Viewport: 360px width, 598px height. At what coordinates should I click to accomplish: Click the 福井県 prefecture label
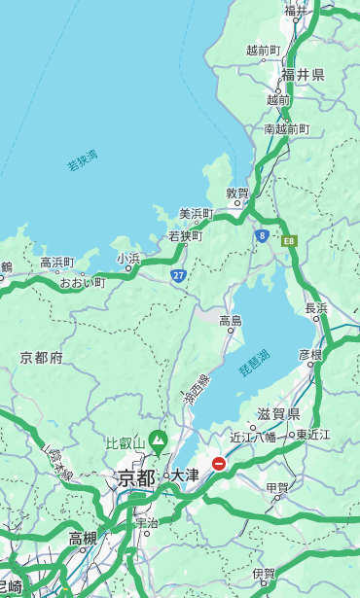click(x=303, y=75)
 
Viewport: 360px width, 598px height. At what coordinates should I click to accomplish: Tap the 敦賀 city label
click(x=237, y=193)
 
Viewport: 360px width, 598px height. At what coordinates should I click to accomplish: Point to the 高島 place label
click(x=231, y=321)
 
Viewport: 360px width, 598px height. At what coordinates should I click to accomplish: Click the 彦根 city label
click(x=309, y=355)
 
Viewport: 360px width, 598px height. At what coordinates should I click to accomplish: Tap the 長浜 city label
click(x=316, y=308)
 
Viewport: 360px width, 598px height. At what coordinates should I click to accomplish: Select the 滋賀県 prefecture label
click(x=277, y=413)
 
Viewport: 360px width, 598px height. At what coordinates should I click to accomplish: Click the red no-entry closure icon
click(x=220, y=464)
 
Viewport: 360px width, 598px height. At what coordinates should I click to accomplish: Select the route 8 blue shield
click(x=262, y=235)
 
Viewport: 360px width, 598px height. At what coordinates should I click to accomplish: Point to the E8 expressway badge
click(x=288, y=239)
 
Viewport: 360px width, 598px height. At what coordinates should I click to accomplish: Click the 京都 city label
click(x=135, y=477)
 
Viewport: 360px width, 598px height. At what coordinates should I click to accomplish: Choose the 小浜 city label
click(x=128, y=259)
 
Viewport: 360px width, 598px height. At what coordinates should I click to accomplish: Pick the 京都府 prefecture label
click(x=42, y=358)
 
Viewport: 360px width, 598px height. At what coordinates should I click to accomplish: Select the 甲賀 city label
click(x=277, y=487)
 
